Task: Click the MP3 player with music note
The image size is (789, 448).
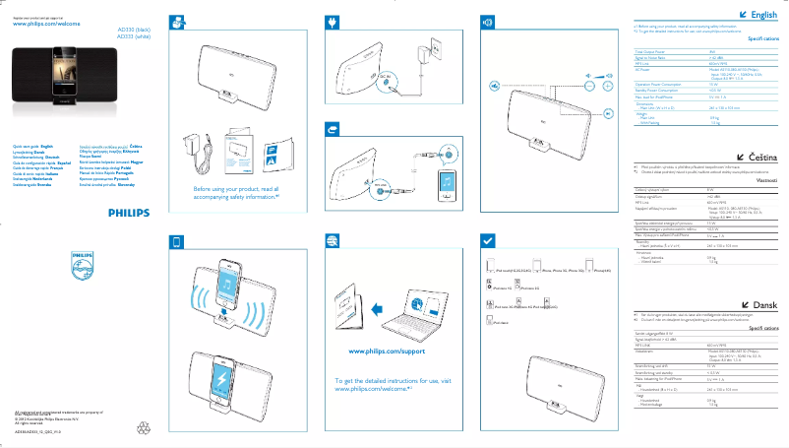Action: point(448,185)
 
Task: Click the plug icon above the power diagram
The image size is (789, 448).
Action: point(333,22)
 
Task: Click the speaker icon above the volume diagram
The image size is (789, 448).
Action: point(486,22)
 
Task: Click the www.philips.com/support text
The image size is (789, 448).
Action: point(386,350)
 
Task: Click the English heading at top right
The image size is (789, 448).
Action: point(763,16)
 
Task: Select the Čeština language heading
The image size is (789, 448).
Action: point(761,158)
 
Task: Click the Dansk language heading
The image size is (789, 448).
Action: point(764,306)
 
